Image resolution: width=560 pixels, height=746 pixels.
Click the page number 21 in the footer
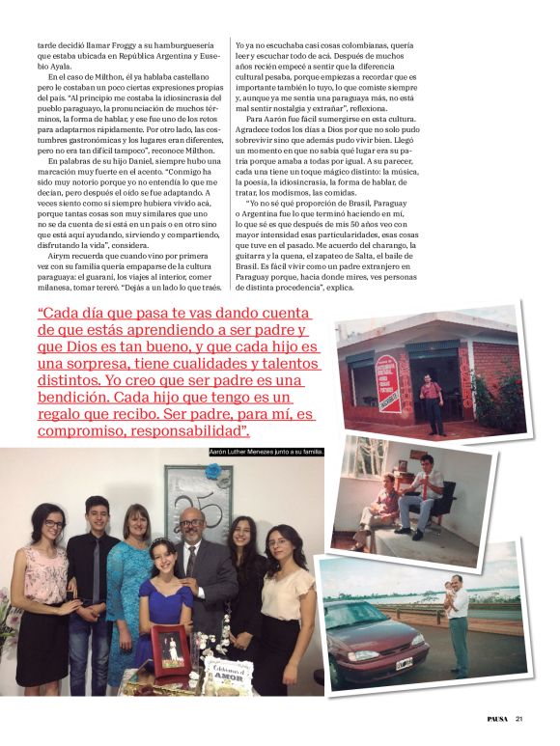tap(519, 718)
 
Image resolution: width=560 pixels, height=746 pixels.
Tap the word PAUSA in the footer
tap(495, 718)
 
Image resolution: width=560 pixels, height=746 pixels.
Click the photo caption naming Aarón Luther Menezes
tap(266, 451)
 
